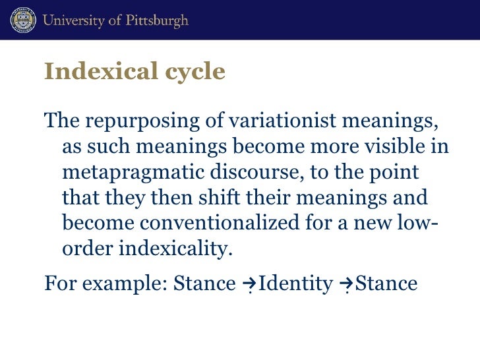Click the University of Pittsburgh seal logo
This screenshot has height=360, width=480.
coord(22,20)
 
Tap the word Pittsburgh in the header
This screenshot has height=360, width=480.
coord(156,20)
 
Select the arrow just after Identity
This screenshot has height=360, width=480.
coord(345,285)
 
